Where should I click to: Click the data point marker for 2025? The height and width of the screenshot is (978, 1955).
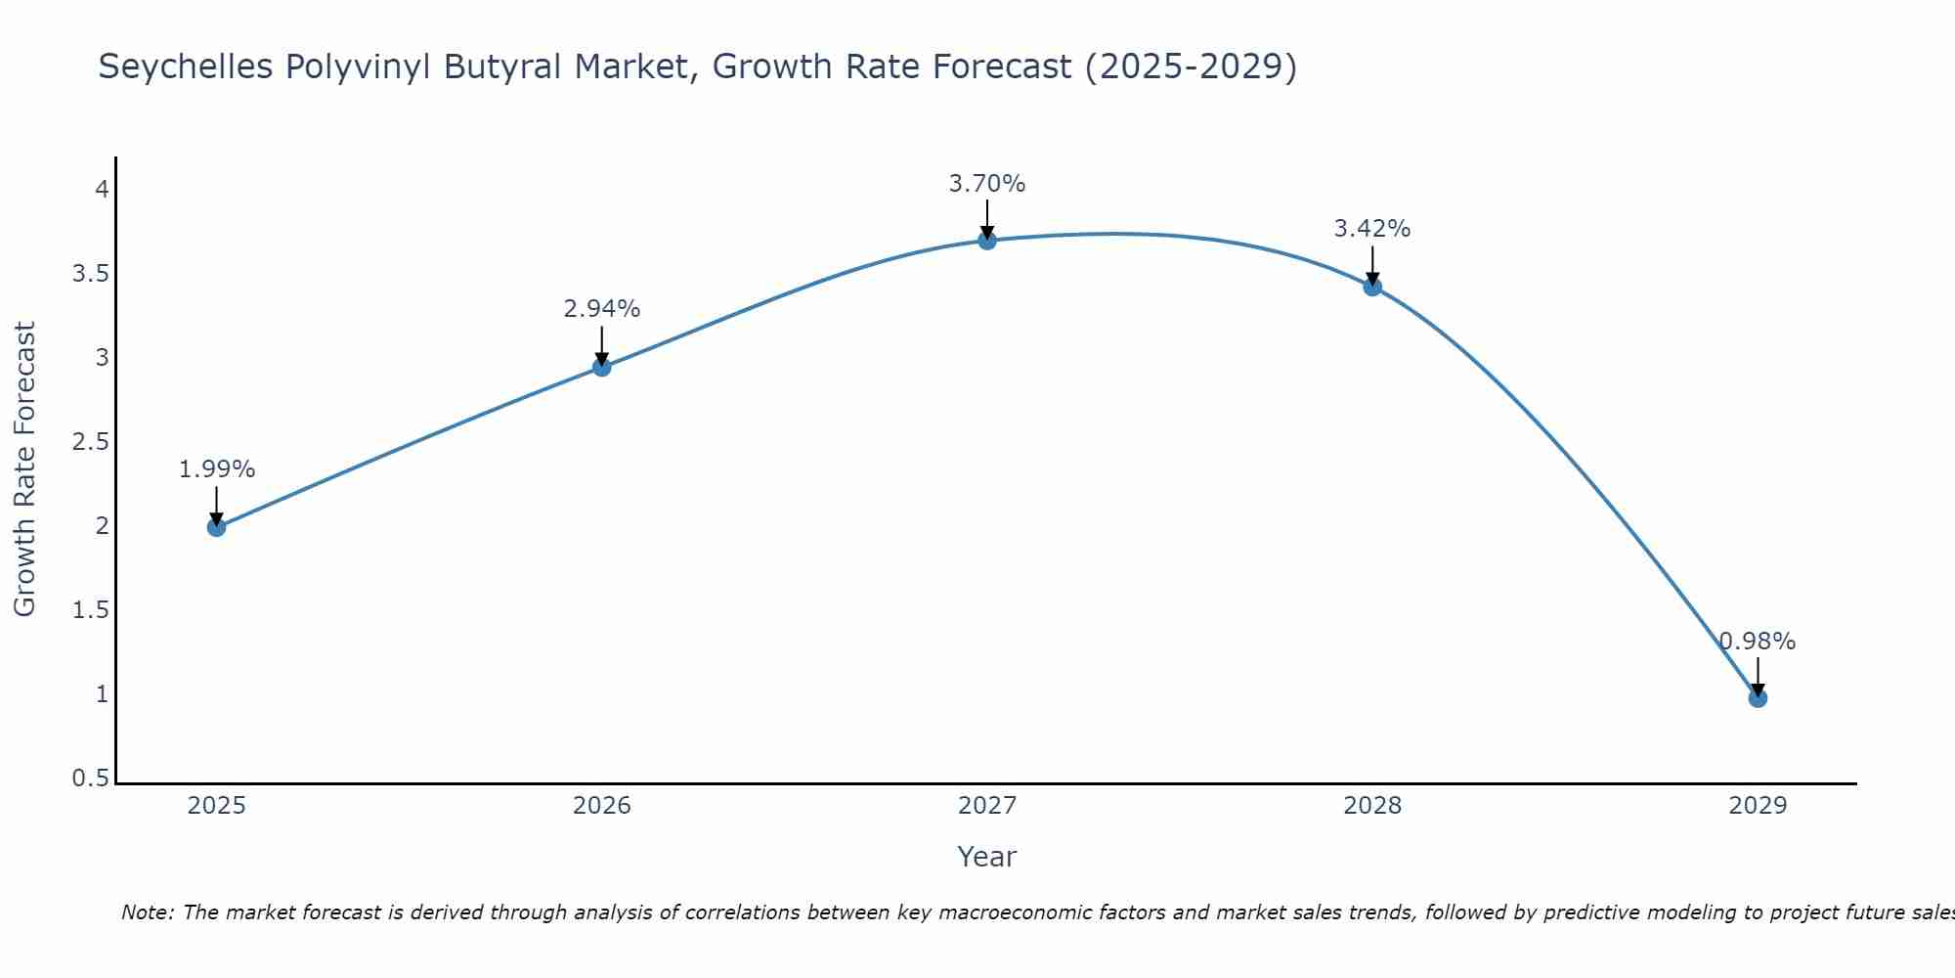216,527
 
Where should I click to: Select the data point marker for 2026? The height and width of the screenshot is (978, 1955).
602,367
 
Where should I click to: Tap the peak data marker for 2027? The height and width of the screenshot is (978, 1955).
987,241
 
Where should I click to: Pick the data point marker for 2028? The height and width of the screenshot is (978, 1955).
1372,287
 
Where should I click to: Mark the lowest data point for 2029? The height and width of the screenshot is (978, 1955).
1758,698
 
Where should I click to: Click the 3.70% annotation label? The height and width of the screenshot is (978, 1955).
987,184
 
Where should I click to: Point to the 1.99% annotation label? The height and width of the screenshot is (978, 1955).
216,469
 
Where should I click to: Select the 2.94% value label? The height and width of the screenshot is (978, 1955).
602,309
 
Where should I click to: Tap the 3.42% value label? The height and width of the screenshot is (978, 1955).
1372,229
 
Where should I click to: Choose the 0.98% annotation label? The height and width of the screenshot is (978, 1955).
1758,642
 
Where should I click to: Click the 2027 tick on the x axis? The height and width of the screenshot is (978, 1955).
987,806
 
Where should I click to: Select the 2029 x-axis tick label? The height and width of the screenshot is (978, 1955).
1758,806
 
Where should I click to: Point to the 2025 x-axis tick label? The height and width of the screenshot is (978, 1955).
216,806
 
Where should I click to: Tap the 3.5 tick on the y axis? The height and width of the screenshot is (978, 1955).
90,274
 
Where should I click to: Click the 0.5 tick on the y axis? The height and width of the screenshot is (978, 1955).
90,778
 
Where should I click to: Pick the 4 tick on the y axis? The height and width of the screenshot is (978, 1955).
102,190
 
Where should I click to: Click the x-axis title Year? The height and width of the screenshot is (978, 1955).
987,857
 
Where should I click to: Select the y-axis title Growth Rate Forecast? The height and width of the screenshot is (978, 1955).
24,469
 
